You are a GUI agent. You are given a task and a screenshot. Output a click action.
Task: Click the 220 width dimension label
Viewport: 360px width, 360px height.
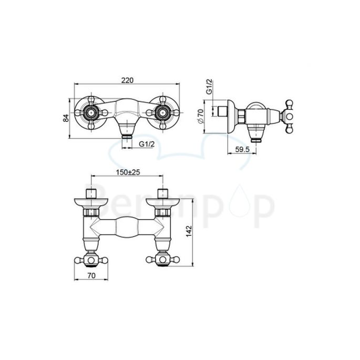(x=127, y=80)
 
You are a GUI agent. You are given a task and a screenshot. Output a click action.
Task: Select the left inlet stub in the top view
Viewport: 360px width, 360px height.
(x=91, y=191)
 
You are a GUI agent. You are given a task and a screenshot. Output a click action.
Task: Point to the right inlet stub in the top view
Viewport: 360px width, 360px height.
(x=162, y=191)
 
